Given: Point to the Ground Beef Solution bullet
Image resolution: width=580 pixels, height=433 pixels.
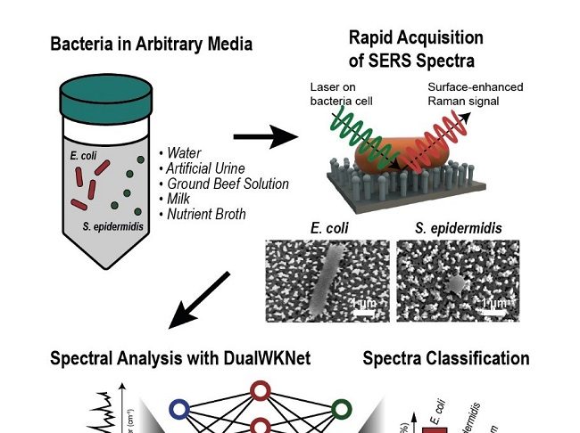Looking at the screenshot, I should click(228, 184).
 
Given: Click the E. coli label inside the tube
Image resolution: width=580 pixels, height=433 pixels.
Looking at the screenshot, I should click(83, 156).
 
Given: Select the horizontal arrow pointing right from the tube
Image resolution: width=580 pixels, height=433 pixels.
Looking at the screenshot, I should click(265, 137).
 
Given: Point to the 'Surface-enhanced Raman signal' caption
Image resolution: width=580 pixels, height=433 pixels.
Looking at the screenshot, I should click(475, 94).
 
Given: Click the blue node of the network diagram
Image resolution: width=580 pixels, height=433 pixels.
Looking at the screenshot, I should click(178, 410).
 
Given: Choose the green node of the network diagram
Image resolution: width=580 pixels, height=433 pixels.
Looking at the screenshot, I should click(341, 409).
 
